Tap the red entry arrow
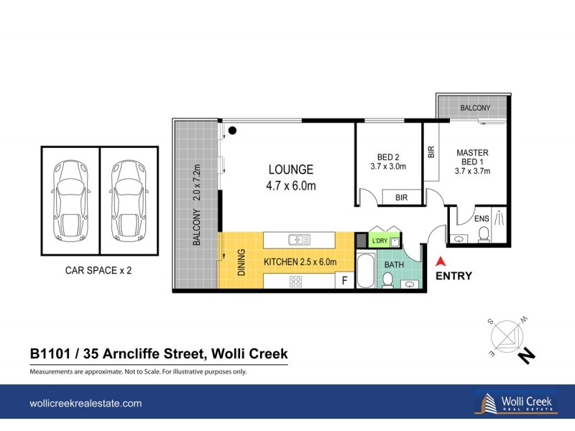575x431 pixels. pos(442,264)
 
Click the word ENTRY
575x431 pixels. pos(454,276)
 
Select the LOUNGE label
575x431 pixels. pos(290,170)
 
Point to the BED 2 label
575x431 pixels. pos(388,158)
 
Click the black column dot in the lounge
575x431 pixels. pos(232,130)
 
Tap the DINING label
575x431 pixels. pos(241,262)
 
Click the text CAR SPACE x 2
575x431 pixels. pos(99,272)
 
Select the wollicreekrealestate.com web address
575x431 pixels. pos(85,404)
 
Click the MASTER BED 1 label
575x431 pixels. pos(472,162)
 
